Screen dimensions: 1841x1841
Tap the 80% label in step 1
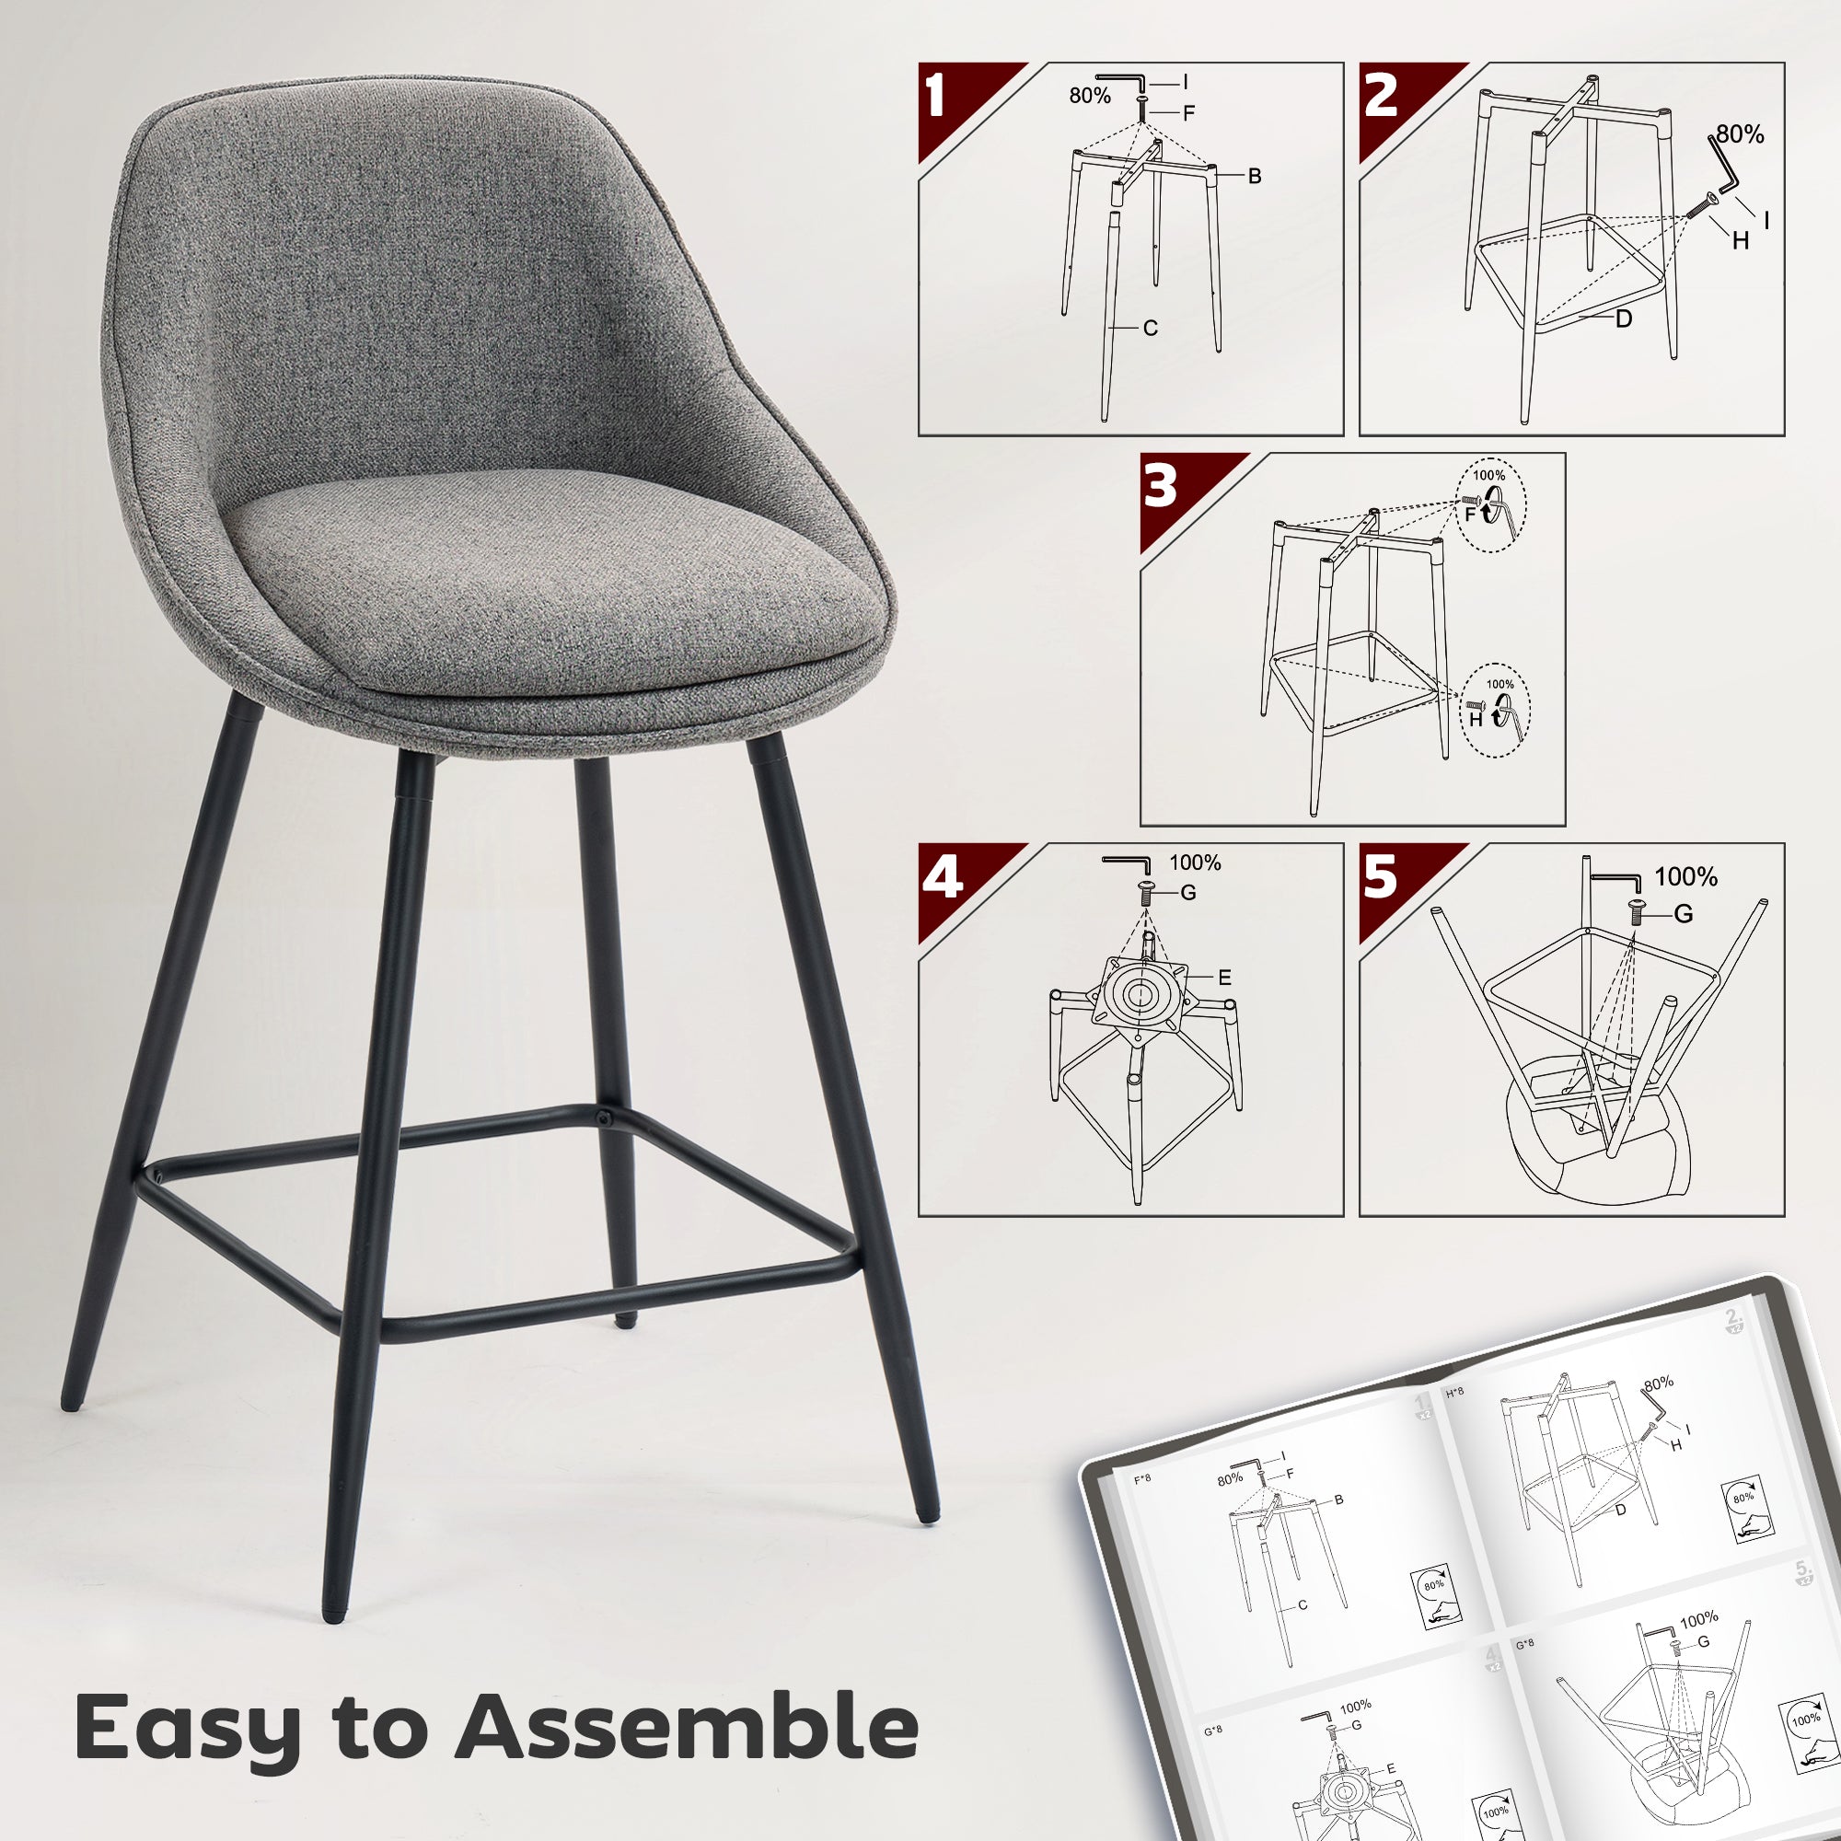[x=1089, y=97]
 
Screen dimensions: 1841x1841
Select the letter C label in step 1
[x=1150, y=329]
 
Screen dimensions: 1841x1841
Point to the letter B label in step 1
[x=1255, y=177]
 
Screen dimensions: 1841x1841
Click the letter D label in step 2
[x=1624, y=319]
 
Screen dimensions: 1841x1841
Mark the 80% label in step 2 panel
[x=1740, y=135]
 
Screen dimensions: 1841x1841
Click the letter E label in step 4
[x=1224, y=978]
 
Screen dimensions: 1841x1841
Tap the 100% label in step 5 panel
[x=1686, y=877]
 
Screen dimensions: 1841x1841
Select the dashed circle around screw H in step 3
[x=1495, y=710]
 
